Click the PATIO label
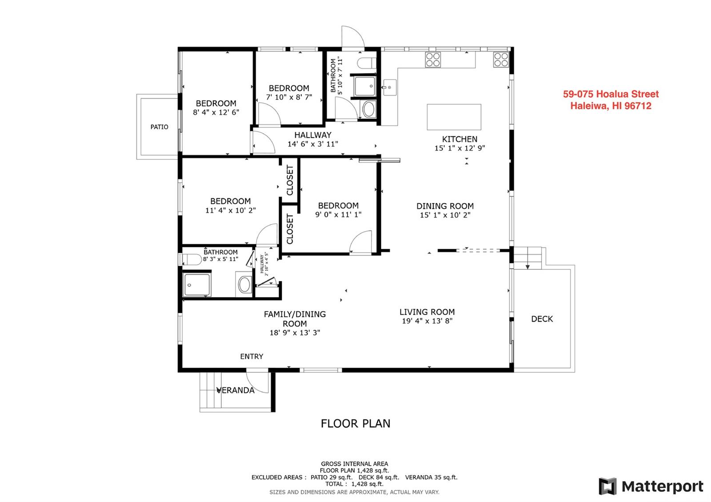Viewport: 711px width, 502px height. (x=159, y=127)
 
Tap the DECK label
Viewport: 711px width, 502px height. (x=542, y=319)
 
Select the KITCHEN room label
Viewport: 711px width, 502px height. (x=459, y=139)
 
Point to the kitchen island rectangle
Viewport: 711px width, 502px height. (x=454, y=117)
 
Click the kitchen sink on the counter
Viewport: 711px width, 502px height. (x=390, y=87)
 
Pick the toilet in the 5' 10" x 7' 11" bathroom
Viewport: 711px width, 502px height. (x=367, y=63)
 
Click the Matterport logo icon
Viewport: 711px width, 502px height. (x=607, y=486)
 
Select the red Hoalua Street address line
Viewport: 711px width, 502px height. (x=611, y=94)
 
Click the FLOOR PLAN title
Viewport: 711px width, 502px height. (x=355, y=424)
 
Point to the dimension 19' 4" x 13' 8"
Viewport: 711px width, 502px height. (x=427, y=321)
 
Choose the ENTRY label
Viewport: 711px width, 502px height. (x=252, y=356)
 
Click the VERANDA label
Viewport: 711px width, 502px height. (x=235, y=390)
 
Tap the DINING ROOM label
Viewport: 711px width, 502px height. (x=445, y=206)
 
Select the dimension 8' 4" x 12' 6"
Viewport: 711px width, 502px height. (x=216, y=112)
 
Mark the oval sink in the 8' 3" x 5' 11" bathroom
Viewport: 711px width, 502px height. (x=245, y=284)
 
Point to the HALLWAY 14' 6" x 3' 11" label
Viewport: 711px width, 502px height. (x=313, y=139)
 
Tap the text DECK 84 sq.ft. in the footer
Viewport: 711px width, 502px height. (x=379, y=477)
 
